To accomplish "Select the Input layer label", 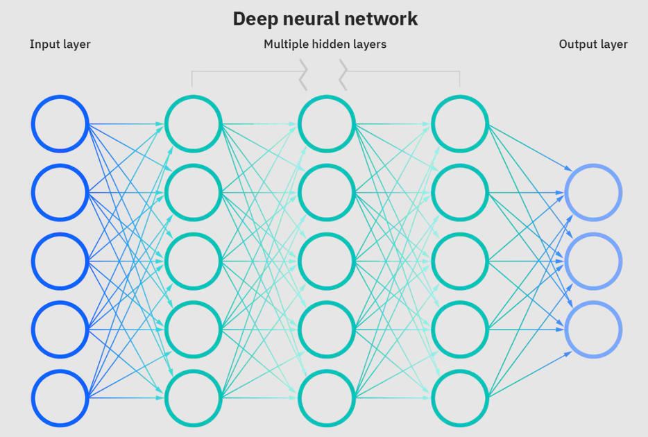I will click(x=60, y=44).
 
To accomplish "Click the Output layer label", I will click(x=593, y=44).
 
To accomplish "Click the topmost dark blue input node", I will click(x=60, y=124).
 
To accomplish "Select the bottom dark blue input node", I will click(x=60, y=398).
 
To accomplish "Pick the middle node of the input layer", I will click(x=60, y=262).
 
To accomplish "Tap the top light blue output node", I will click(x=593, y=193).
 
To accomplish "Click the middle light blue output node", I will click(x=593, y=262).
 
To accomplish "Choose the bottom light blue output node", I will click(x=593, y=329).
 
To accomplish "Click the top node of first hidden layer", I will click(x=193, y=124).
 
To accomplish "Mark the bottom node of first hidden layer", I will click(x=193, y=398).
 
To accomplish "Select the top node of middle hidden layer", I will click(x=326, y=124).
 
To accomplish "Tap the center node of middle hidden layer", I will click(x=326, y=262).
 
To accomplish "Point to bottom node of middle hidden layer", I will click(x=326, y=398).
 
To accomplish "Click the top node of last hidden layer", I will click(x=459, y=124).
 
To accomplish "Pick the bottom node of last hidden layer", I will click(x=459, y=398).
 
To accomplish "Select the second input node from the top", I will click(x=60, y=193).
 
